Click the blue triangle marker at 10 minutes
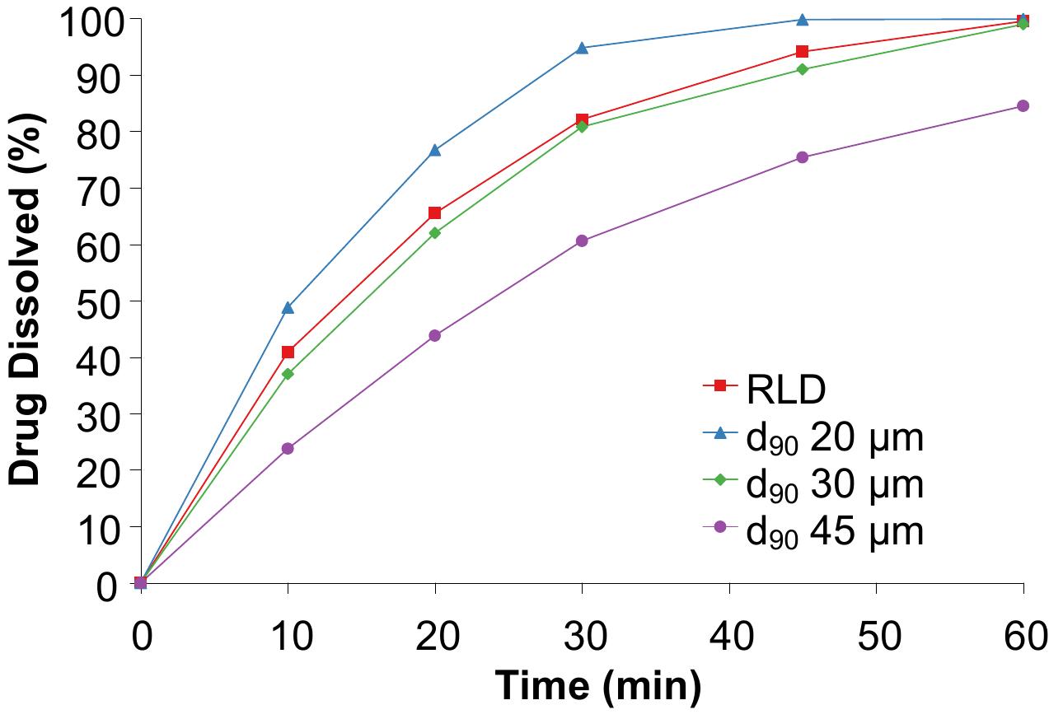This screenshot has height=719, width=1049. point(288,308)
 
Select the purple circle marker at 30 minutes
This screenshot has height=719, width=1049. point(582,240)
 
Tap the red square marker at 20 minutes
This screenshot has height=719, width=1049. point(434,213)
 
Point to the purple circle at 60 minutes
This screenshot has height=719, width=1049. point(1023,105)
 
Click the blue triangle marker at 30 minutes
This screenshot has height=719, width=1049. point(582,48)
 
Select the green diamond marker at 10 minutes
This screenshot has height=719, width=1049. point(288,374)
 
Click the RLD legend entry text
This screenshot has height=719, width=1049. point(785,392)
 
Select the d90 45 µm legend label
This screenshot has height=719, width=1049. point(834,532)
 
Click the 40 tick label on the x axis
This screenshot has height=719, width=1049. point(728,637)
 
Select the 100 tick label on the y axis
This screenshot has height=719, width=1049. point(88,20)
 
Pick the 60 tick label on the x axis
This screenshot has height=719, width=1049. point(1023,637)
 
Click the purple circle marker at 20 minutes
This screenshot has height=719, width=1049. point(434,335)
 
